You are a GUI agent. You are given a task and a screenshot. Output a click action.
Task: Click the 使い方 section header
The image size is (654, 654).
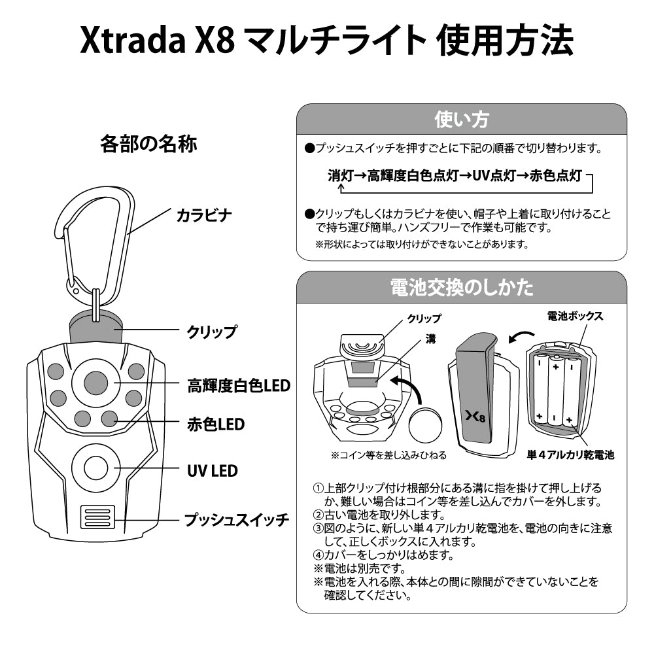click(x=461, y=120)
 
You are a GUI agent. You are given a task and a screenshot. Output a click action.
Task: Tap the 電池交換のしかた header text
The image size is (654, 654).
click(x=461, y=287)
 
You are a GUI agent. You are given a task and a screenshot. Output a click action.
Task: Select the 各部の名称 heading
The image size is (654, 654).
click(x=148, y=143)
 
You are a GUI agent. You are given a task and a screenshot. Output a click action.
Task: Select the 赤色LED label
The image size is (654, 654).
click(x=216, y=424)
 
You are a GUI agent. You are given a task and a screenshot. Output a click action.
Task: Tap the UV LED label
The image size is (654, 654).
click(x=213, y=471)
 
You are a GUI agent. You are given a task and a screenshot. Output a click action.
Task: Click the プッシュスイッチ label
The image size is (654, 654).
click(x=236, y=520)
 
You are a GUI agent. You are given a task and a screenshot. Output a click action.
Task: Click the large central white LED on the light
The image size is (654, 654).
click(x=95, y=383)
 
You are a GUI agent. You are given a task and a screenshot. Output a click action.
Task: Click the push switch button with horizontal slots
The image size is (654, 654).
click(x=97, y=517)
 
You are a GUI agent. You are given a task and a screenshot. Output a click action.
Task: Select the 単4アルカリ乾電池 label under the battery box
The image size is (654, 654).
click(x=571, y=454)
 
